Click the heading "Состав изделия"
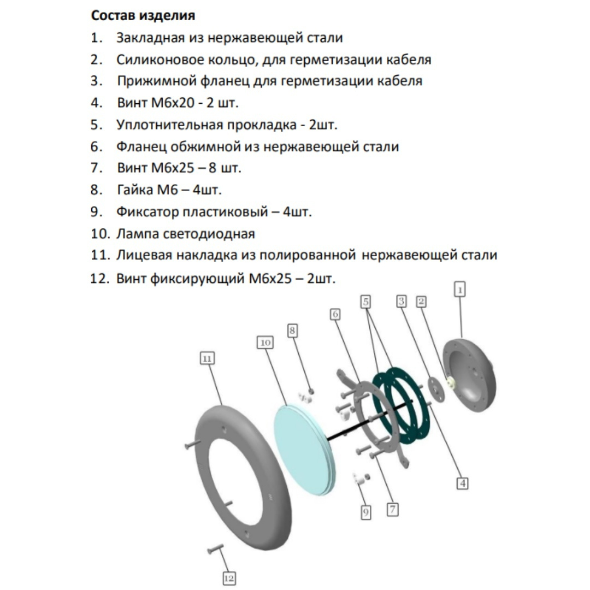pos(143,15)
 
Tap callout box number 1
pos(460,290)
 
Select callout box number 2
pos(421,301)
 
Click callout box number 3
pos(402,301)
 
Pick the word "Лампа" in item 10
pos(137,234)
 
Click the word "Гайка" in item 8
pos(134,190)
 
